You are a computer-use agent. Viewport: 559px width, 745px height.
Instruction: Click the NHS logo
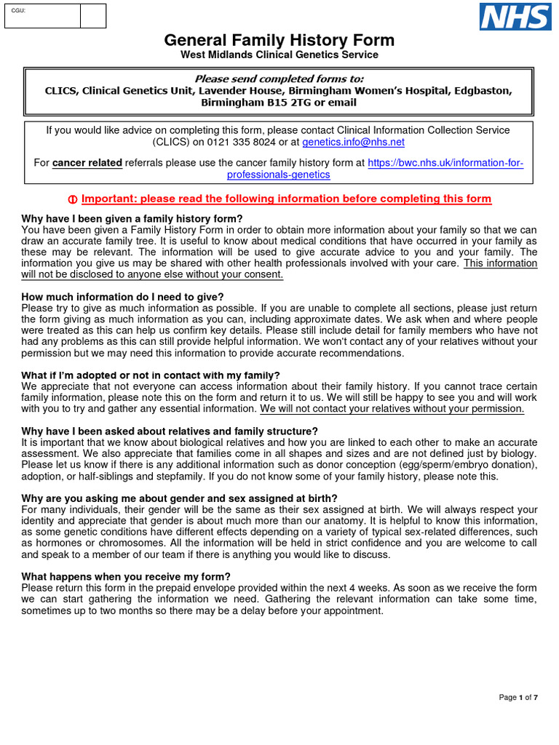[515, 16]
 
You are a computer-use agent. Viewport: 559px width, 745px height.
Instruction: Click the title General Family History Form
[279, 41]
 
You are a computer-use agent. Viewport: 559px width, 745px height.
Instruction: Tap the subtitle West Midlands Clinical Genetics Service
[279, 55]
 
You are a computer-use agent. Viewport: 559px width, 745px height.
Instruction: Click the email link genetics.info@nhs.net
[353, 143]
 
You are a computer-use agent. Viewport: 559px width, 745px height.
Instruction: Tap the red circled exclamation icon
[72, 199]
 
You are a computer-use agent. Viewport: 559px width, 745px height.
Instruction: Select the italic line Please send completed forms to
[279, 79]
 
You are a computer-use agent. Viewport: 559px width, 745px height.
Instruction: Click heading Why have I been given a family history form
[132, 219]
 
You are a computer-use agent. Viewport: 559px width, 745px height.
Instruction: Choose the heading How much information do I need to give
[122, 297]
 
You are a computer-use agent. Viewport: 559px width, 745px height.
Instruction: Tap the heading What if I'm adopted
[151, 375]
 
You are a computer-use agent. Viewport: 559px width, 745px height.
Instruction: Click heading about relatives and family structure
[170, 431]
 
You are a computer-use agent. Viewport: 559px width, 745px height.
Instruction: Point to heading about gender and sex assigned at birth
[179, 498]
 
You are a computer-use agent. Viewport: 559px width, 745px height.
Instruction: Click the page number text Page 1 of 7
[518, 698]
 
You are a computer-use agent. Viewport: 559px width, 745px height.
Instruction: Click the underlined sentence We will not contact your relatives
[392, 409]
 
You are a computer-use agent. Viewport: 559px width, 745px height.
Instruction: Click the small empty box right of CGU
[92, 16]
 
